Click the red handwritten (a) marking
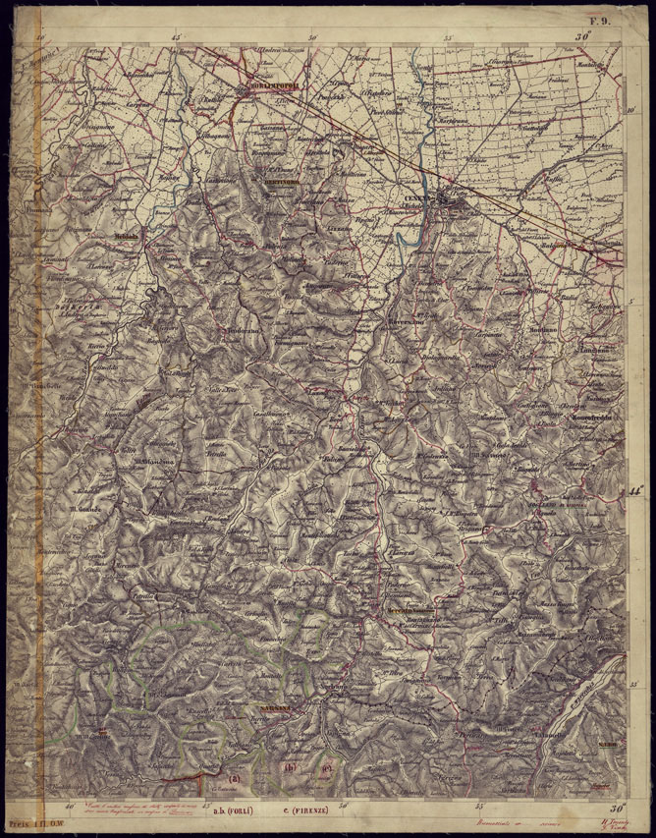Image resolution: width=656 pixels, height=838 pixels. coord(233,780)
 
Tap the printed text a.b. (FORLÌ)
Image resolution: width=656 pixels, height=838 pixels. coord(232,811)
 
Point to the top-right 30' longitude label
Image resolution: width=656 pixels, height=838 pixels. coord(586,37)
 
